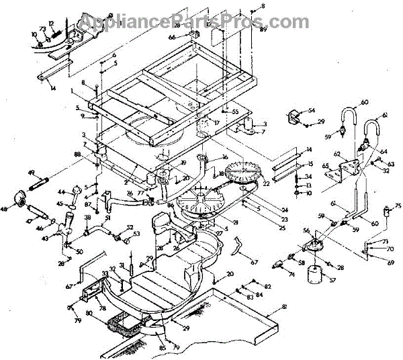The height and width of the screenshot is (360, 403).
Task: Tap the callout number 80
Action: (89, 313)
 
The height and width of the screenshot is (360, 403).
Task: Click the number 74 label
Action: (291, 274)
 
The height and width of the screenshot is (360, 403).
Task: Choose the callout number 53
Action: (137, 234)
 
